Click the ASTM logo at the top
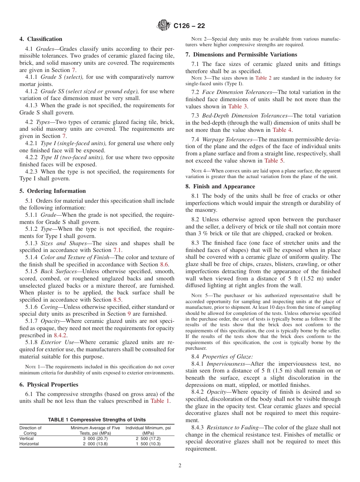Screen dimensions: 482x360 [x=164, y=26]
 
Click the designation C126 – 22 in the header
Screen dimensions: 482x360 [x=189, y=26]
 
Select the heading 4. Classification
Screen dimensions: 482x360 [x=41, y=39]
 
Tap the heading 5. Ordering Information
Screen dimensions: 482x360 [x=52, y=191]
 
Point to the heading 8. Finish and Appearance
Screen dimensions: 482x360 [x=220, y=186]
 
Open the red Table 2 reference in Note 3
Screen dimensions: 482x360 [x=263, y=78]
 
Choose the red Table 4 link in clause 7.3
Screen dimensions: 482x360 [x=282, y=130]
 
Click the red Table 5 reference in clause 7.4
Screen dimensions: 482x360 [x=274, y=161]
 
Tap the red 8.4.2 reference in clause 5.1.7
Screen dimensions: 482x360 [x=60, y=335]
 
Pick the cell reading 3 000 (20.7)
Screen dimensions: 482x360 [x=95, y=438]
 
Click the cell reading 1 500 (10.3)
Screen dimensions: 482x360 [x=148, y=444]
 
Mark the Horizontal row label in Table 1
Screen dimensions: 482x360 [x=29, y=444]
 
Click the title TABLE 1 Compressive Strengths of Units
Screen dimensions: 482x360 [x=97, y=419]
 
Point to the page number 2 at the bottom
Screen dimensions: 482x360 [x=180, y=466]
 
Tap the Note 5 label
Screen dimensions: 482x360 [x=198, y=296]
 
